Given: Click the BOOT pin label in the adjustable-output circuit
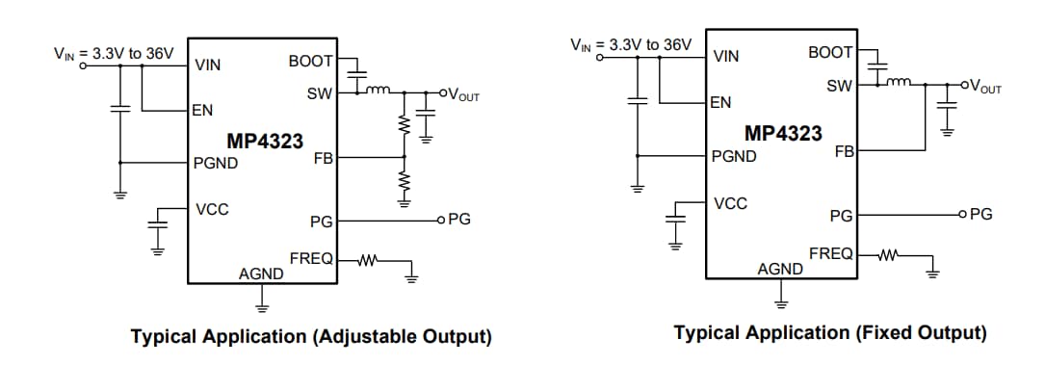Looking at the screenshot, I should click(x=310, y=62).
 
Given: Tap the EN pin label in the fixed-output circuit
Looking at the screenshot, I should click(x=720, y=102).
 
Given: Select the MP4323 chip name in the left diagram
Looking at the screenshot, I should click(x=265, y=142).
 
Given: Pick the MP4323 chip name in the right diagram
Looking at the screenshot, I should click(x=783, y=133).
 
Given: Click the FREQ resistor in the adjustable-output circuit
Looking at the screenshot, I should click(x=368, y=259).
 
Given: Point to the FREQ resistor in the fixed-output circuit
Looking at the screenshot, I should click(x=888, y=255).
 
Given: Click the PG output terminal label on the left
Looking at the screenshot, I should click(x=459, y=220).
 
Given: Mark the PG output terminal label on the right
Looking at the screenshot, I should click(x=980, y=214).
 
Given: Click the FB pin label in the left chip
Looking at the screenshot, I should click(x=323, y=157).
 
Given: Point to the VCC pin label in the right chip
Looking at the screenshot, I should click(x=730, y=203).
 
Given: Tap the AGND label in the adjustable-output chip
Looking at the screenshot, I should click(x=261, y=274).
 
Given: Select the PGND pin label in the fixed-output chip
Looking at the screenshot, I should click(x=734, y=156).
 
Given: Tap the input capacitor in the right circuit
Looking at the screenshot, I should click(x=636, y=99).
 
